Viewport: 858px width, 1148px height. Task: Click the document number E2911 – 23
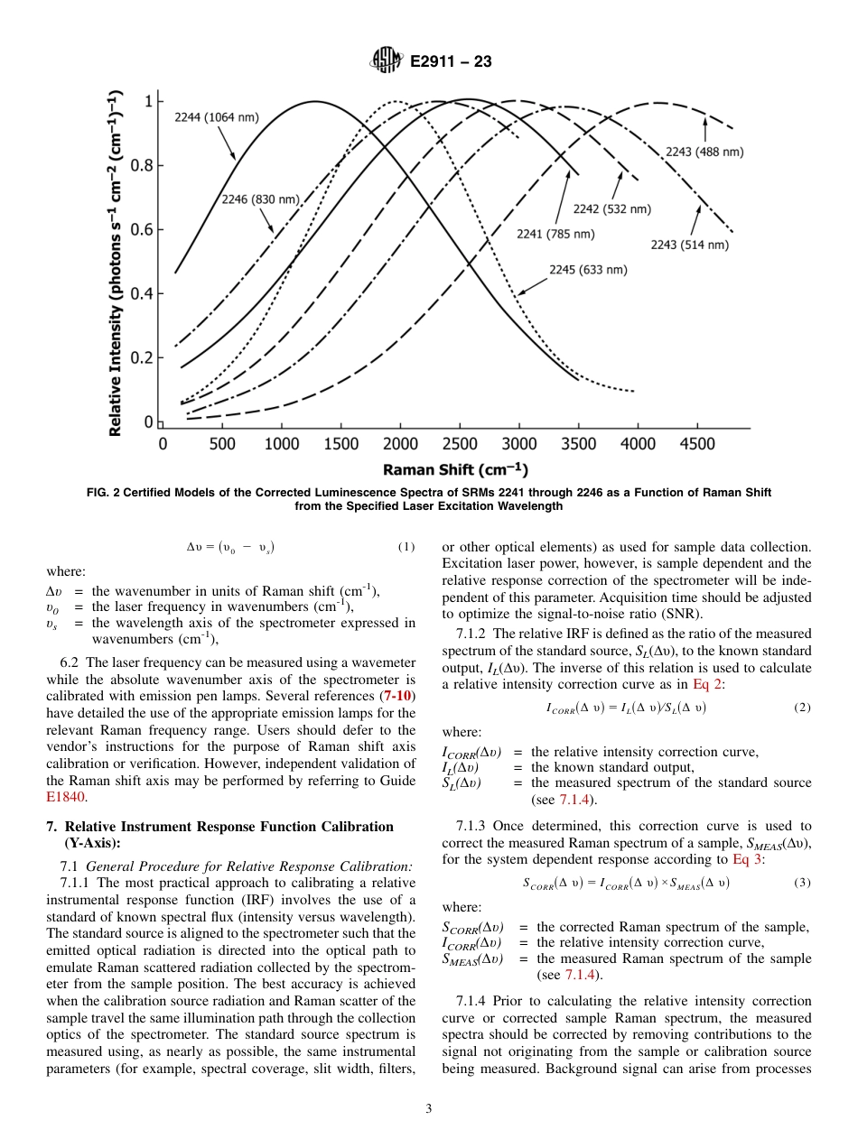(451, 62)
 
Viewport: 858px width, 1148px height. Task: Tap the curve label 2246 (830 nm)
(261, 199)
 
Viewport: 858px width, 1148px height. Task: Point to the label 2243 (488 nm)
(704, 152)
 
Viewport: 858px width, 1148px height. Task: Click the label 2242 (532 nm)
(611, 208)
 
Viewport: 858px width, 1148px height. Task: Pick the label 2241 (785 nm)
(555, 234)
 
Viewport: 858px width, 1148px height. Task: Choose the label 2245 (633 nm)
(588, 269)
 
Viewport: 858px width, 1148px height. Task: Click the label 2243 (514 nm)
(689, 244)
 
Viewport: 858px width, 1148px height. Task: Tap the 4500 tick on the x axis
(697, 443)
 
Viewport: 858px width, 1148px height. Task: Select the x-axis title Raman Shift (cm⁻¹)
(455, 469)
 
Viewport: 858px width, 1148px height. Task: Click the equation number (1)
(406, 547)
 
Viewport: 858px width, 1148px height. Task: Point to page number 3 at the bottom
(429, 1108)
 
